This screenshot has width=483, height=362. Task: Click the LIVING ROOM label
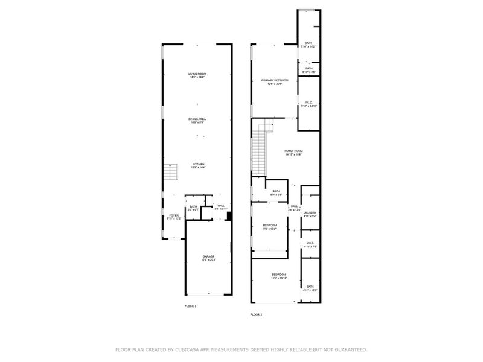197,74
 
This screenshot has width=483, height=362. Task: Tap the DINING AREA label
197,119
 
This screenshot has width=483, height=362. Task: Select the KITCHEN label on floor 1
197,164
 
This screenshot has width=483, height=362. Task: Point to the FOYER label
173,215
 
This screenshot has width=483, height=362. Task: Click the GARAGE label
208,256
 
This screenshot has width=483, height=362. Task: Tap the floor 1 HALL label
221,206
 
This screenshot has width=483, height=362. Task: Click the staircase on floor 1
173,173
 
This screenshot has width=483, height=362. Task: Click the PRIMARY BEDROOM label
275,80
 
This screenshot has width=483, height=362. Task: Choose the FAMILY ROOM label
293,151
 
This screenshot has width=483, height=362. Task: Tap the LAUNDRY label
310,212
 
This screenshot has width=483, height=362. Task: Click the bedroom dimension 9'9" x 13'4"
269,229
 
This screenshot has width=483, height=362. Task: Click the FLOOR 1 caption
191,306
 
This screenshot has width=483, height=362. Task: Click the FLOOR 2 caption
257,314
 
